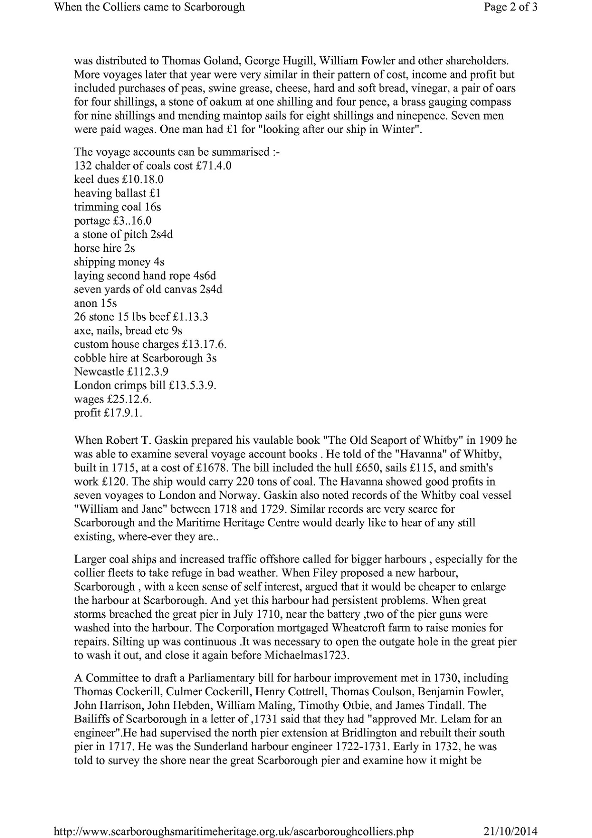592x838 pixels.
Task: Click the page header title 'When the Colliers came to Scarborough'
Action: pos(149,7)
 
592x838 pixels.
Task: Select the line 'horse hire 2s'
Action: pos(105,248)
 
